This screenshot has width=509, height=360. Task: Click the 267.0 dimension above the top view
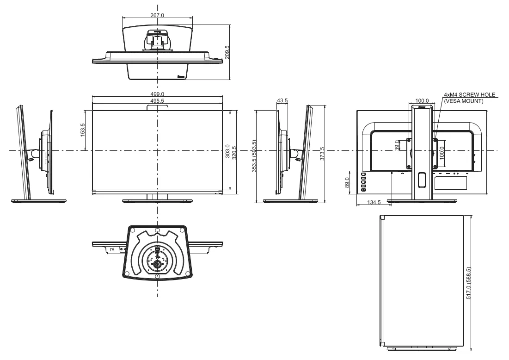click(x=157, y=15)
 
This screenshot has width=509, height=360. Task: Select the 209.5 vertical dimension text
click(x=227, y=52)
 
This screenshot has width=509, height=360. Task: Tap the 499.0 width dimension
click(x=157, y=94)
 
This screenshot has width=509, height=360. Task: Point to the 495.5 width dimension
click(x=157, y=101)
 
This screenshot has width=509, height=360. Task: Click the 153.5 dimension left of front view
click(x=82, y=130)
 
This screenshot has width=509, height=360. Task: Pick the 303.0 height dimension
click(x=227, y=151)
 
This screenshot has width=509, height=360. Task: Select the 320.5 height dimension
click(x=234, y=153)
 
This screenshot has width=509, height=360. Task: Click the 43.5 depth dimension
click(x=282, y=101)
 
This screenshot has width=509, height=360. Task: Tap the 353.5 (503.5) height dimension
click(x=254, y=156)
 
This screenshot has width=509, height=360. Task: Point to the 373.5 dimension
click(x=322, y=153)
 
